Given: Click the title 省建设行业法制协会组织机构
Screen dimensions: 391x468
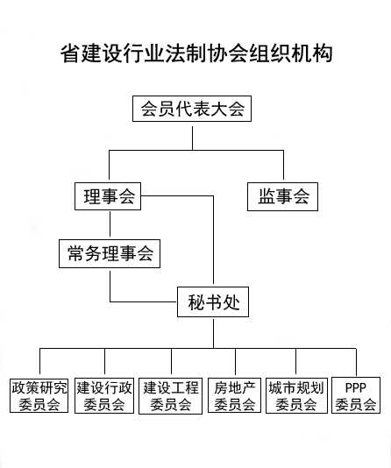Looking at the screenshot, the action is click(x=196, y=53).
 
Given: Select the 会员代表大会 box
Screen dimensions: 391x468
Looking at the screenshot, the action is click(x=192, y=109).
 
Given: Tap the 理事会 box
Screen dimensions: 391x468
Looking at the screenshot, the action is click(x=108, y=196).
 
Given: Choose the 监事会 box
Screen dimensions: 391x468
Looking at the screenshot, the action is click(x=282, y=196).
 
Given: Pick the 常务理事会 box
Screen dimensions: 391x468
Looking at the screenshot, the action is click(x=110, y=253).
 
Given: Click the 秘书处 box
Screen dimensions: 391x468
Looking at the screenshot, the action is click(x=213, y=302).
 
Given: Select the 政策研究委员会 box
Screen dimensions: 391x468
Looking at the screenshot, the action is click(x=39, y=396).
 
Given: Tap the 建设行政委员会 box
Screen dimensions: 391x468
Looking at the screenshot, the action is click(x=104, y=396).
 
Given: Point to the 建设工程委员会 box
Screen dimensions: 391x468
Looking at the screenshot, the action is click(x=170, y=396).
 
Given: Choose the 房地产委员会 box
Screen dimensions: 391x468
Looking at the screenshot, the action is click(x=235, y=395).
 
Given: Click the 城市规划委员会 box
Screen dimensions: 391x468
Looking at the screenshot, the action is click(x=296, y=396).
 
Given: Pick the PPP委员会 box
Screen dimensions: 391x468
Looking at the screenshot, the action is click(x=356, y=395).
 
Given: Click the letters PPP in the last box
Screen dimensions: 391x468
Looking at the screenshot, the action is click(x=355, y=387).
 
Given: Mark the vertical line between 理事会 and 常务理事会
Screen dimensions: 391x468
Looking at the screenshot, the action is click(x=110, y=224).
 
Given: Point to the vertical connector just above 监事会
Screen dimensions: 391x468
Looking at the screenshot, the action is click(x=283, y=165).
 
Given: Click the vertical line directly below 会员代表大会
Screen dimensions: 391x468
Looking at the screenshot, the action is click(x=192, y=138).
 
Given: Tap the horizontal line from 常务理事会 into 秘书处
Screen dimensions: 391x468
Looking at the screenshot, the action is click(x=144, y=301).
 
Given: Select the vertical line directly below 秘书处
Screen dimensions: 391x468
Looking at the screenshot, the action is click(x=213, y=334).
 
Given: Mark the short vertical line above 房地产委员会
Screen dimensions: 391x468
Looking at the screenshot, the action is click(x=235, y=361).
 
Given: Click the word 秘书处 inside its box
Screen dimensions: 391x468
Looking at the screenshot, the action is click(x=214, y=302).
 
